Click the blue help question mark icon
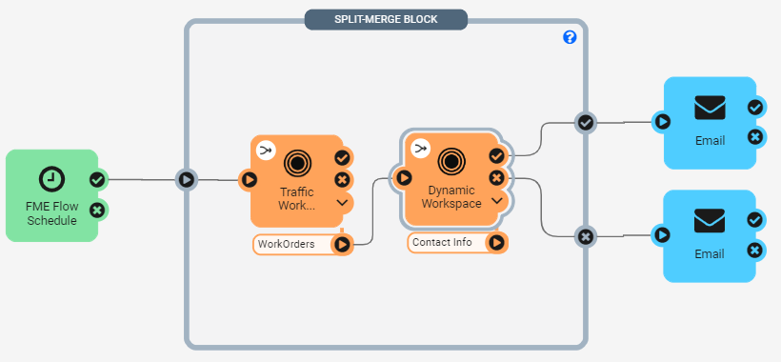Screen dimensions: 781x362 570,37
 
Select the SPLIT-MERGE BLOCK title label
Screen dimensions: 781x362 386,19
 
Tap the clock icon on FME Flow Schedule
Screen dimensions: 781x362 51,179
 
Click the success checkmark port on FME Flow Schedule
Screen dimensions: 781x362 97,180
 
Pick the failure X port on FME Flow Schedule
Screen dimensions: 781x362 97,211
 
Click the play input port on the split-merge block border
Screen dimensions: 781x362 187,179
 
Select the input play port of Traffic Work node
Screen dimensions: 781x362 249,179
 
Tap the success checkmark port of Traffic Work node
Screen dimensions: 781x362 342,158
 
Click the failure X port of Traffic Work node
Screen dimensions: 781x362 342,180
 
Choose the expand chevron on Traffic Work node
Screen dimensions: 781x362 342,202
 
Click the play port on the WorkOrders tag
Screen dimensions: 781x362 342,245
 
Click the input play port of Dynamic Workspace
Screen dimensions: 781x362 404,177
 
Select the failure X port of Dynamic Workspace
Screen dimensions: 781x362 496,178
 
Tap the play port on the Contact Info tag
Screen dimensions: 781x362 496,243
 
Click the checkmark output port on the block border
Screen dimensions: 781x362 585,123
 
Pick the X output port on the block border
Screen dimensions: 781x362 585,236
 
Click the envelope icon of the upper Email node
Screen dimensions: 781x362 710,108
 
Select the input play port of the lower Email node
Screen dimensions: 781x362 662,234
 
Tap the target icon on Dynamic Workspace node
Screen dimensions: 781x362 451,161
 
